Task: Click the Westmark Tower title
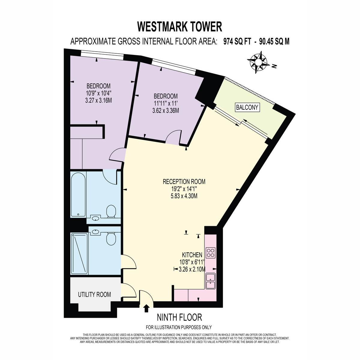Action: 179,27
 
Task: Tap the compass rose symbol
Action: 259,62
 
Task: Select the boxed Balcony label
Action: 247,107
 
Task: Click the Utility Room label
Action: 94,295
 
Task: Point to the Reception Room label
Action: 184,181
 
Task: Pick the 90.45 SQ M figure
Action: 274,41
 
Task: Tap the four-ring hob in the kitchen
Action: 211,253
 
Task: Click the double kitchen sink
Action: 211,281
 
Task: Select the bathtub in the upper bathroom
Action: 78,195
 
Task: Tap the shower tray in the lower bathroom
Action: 79,253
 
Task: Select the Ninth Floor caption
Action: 179,317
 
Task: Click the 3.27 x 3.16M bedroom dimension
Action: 98,100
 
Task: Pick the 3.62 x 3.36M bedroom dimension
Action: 166,111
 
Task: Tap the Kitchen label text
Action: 192,255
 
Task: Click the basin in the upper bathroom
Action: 95,218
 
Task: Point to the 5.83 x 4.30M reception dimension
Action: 184,196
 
